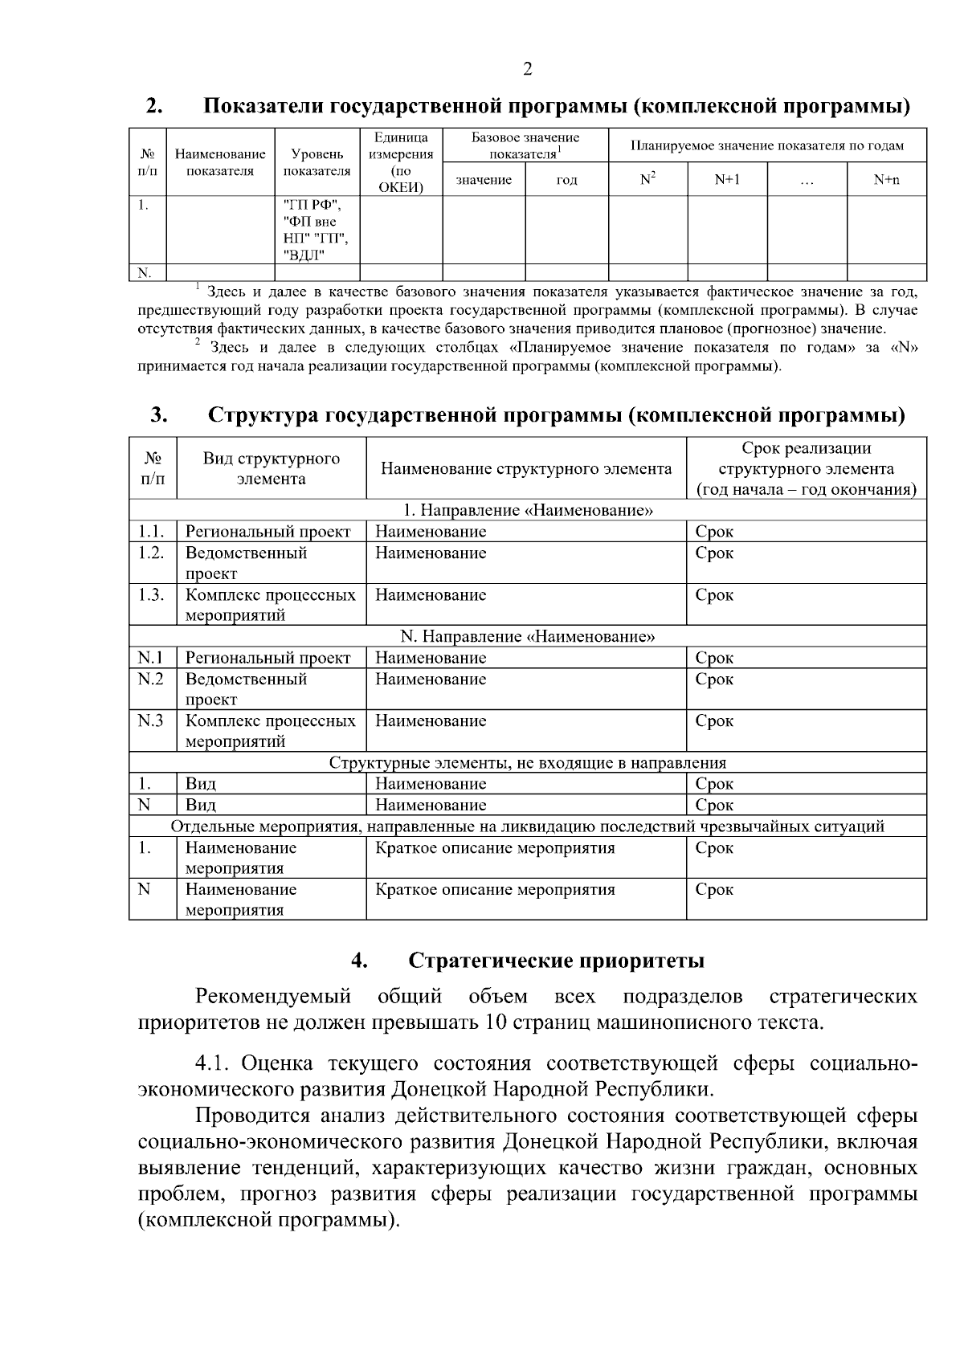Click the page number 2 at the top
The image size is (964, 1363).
tap(527, 69)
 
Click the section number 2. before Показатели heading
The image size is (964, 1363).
tap(156, 106)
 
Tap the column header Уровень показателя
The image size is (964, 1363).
tap(317, 161)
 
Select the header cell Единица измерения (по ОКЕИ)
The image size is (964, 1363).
tap(402, 161)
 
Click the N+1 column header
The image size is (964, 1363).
tap(727, 180)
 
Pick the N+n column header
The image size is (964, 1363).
tap(887, 180)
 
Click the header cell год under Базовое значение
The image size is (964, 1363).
tap(566, 180)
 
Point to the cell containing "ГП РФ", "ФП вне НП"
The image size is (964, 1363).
tap(316, 230)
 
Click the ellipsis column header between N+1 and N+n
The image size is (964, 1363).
tap(807, 180)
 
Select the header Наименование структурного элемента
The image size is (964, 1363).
tap(526, 468)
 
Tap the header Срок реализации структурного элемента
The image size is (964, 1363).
tap(806, 468)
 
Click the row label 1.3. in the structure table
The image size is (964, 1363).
tap(151, 595)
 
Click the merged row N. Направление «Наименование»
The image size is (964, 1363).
tap(528, 637)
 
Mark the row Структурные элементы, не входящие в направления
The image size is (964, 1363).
tap(528, 762)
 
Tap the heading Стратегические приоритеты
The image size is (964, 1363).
tap(556, 961)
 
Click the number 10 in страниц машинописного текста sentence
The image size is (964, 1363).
tap(496, 1023)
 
